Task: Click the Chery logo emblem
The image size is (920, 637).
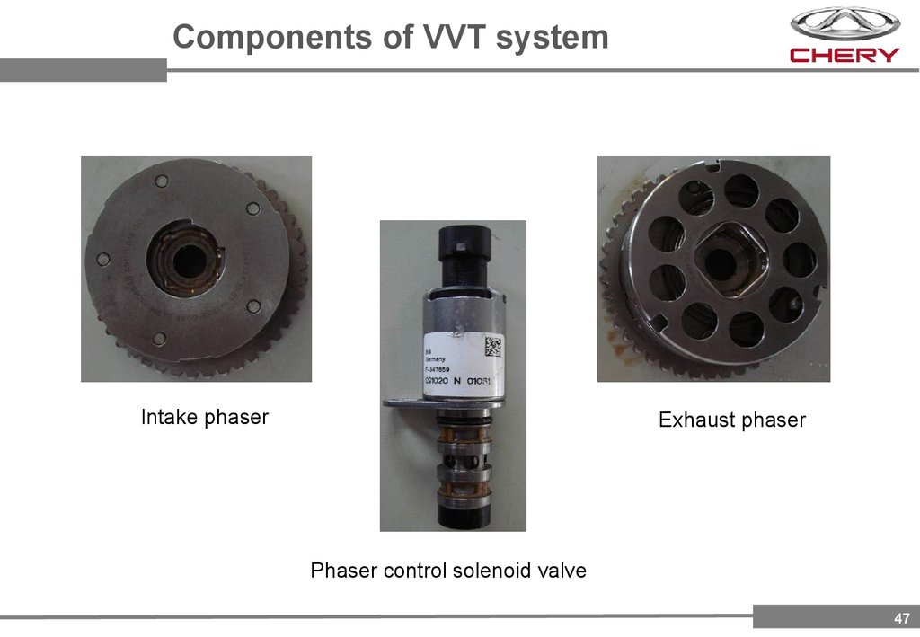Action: (844, 23)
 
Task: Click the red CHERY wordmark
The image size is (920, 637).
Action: (844, 55)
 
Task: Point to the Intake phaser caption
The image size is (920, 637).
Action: (205, 417)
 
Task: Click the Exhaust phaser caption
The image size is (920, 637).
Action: (731, 420)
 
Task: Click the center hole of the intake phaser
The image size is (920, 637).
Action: (187, 261)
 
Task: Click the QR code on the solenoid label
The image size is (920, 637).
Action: (493, 345)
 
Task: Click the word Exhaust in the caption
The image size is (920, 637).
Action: (694, 420)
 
